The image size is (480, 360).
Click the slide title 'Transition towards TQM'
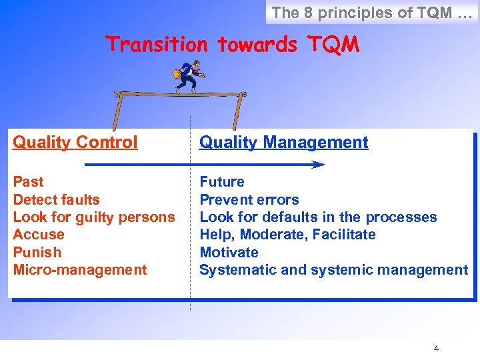(x=233, y=45)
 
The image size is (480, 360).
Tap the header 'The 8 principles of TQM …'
(x=371, y=12)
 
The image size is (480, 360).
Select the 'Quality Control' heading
(x=75, y=142)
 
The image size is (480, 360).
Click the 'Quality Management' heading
(x=284, y=142)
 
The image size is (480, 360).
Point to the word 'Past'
(x=28, y=182)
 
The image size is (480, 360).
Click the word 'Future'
(x=222, y=182)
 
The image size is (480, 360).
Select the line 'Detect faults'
(x=56, y=199)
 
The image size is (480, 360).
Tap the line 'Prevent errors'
(x=249, y=199)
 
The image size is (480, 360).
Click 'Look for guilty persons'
(x=94, y=217)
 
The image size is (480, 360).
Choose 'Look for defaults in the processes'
(x=318, y=217)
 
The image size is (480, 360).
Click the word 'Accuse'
(x=39, y=235)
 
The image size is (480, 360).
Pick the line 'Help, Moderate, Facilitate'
(x=287, y=235)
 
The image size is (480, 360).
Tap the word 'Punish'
(x=37, y=252)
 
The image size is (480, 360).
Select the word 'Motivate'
(x=229, y=252)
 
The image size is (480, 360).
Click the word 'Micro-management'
(x=79, y=270)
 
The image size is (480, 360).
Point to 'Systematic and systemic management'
(x=333, y=270)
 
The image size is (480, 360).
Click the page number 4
(x=436, y=348)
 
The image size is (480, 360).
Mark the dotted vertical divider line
(x=191, y=293)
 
